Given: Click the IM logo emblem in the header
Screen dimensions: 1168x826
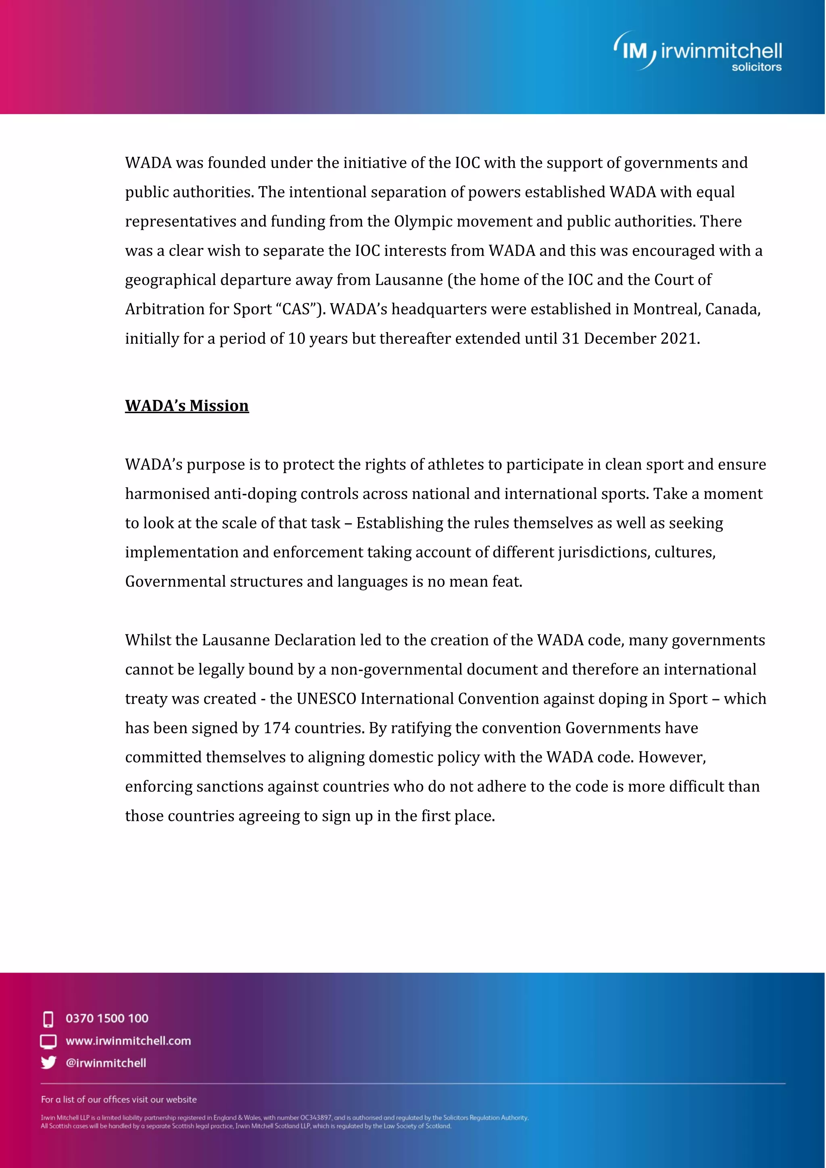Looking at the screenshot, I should point(634,50).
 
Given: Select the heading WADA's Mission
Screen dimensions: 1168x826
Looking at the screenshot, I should point(187,405).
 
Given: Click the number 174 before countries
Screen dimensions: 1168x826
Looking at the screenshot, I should point(277,728).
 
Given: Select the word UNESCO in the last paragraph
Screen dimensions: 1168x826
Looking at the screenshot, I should point(326,699).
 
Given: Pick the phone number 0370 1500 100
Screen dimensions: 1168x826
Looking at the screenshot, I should point(107,1018).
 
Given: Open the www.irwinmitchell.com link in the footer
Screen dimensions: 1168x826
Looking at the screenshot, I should point(128,1041).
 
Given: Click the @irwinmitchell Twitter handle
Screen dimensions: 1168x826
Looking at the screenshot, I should point(106,1063).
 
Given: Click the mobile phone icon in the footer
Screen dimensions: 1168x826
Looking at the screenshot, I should point(48,1019).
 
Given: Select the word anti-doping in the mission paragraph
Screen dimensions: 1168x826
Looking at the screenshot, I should point(255,494).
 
